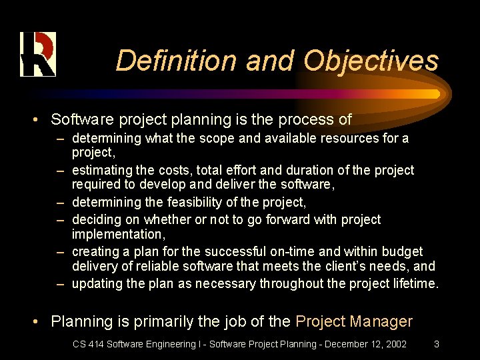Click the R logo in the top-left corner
(x=37, y=54)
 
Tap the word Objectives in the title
(x=371, y=61)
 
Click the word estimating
(x=101, y=170)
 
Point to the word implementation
(x=116, y=233)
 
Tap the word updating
(x=98, y=283)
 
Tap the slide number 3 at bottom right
(x=436, y=345)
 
